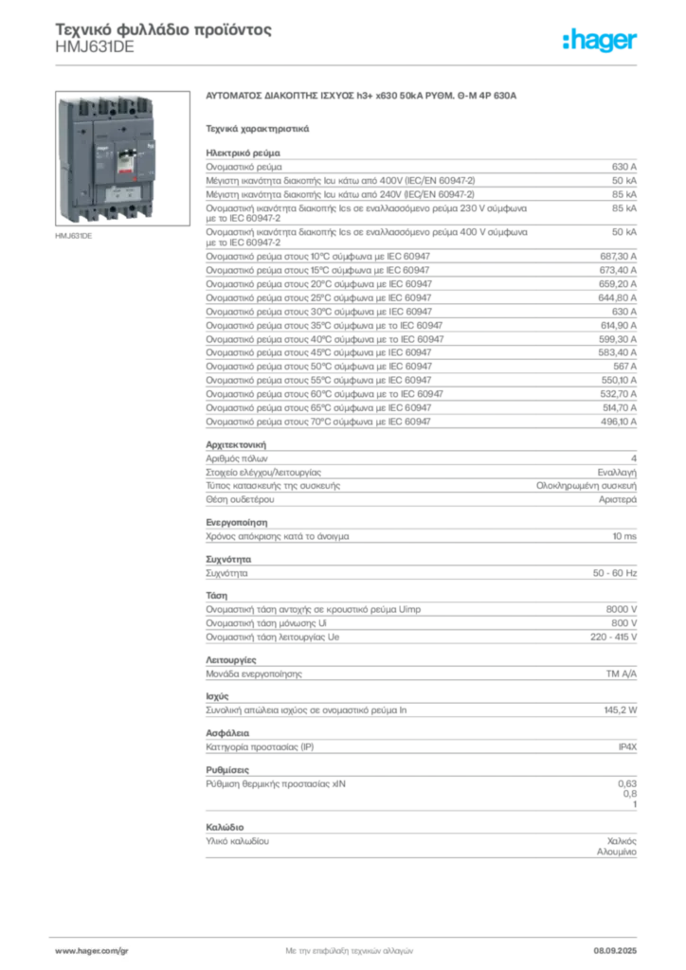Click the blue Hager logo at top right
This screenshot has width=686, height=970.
tap(602, 42)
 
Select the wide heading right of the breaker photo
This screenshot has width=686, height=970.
tap(363, 96)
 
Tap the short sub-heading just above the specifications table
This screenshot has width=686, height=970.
tap(258, 126)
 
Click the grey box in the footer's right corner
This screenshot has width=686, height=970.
tap(621, 946)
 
